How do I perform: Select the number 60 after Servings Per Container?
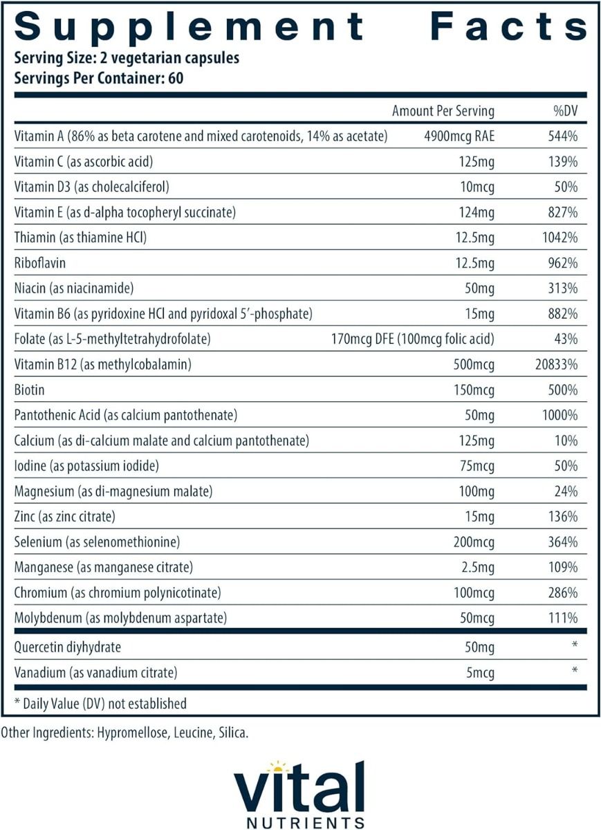[x=175, y=77]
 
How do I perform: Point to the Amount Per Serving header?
[x=443, y=111]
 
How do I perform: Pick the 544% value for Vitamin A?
[x=561, y=136]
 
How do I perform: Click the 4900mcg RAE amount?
[x=459, y=136]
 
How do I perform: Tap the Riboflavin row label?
[x=39, y=263]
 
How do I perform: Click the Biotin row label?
[x=29, y=390]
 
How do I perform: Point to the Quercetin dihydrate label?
[x=67, y=647]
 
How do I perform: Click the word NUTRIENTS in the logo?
[x=299, y=822]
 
